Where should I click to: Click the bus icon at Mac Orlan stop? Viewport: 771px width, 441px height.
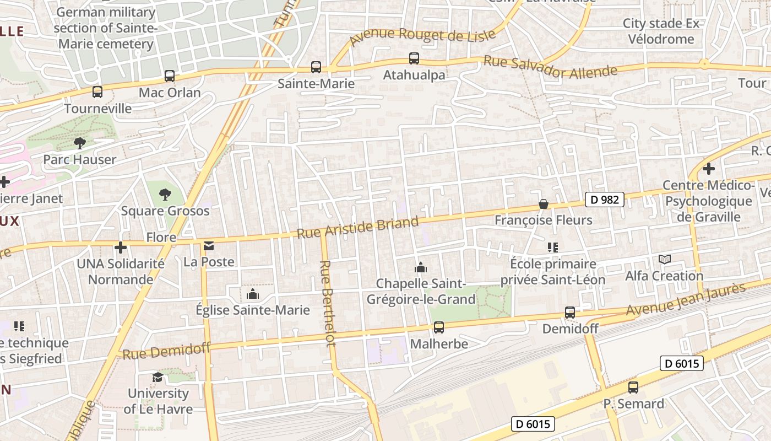coord(170,76)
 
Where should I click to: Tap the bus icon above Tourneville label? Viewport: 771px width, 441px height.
coord(97,92)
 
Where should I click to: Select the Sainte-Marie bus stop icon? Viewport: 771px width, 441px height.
coord(316,67)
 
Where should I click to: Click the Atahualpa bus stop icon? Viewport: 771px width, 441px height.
coord(414,58)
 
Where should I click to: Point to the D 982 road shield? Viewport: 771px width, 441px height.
coord(604,200)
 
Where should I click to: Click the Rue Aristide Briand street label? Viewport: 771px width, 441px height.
coord(358,227)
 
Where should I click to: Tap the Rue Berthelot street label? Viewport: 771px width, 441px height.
coord(328,303)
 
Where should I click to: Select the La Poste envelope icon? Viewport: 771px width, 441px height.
coord(209,246)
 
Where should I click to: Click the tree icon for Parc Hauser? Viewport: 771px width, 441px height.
coord(80,143)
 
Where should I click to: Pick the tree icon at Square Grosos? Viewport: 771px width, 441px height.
coord(165,194)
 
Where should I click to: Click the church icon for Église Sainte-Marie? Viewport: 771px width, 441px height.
coord(253,294)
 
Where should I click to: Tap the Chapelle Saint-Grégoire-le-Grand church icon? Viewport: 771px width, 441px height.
coord(421,267)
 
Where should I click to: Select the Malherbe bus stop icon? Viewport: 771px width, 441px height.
coord(439,327)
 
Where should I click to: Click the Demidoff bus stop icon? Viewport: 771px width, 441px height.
coord(570,313)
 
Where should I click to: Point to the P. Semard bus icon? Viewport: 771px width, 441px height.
coord(633,388)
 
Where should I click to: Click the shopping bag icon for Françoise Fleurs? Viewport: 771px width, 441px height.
coord(544,204)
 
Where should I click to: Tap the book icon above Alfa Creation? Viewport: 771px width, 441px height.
coord(665,259)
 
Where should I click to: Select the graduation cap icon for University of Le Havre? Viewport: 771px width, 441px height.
coord(158,377)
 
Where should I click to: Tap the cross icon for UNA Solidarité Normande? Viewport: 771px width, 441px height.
coord(121,248)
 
